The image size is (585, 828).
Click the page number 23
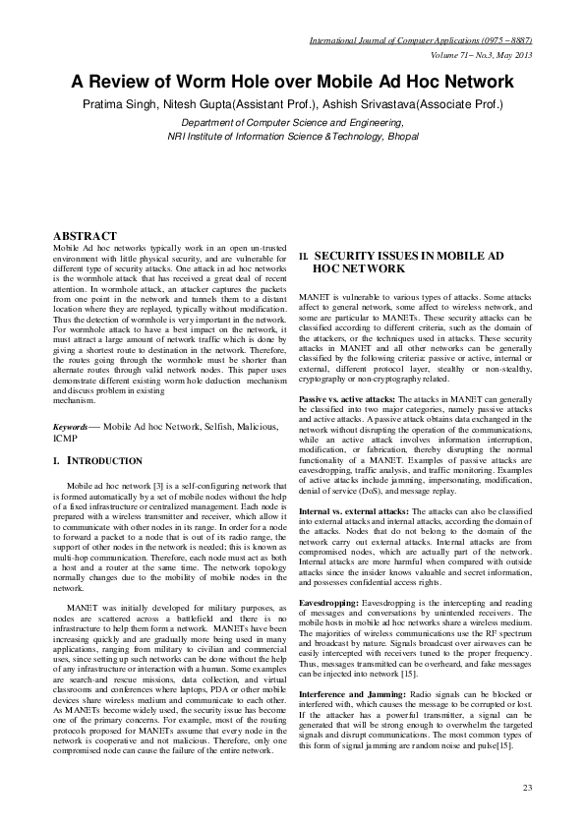click(527, 789)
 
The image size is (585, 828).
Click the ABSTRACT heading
click(86, 236)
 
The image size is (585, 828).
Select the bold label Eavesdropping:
click(329, 599)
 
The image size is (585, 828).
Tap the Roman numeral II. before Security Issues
click(304, 255)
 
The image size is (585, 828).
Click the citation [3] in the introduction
click(154, 487)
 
